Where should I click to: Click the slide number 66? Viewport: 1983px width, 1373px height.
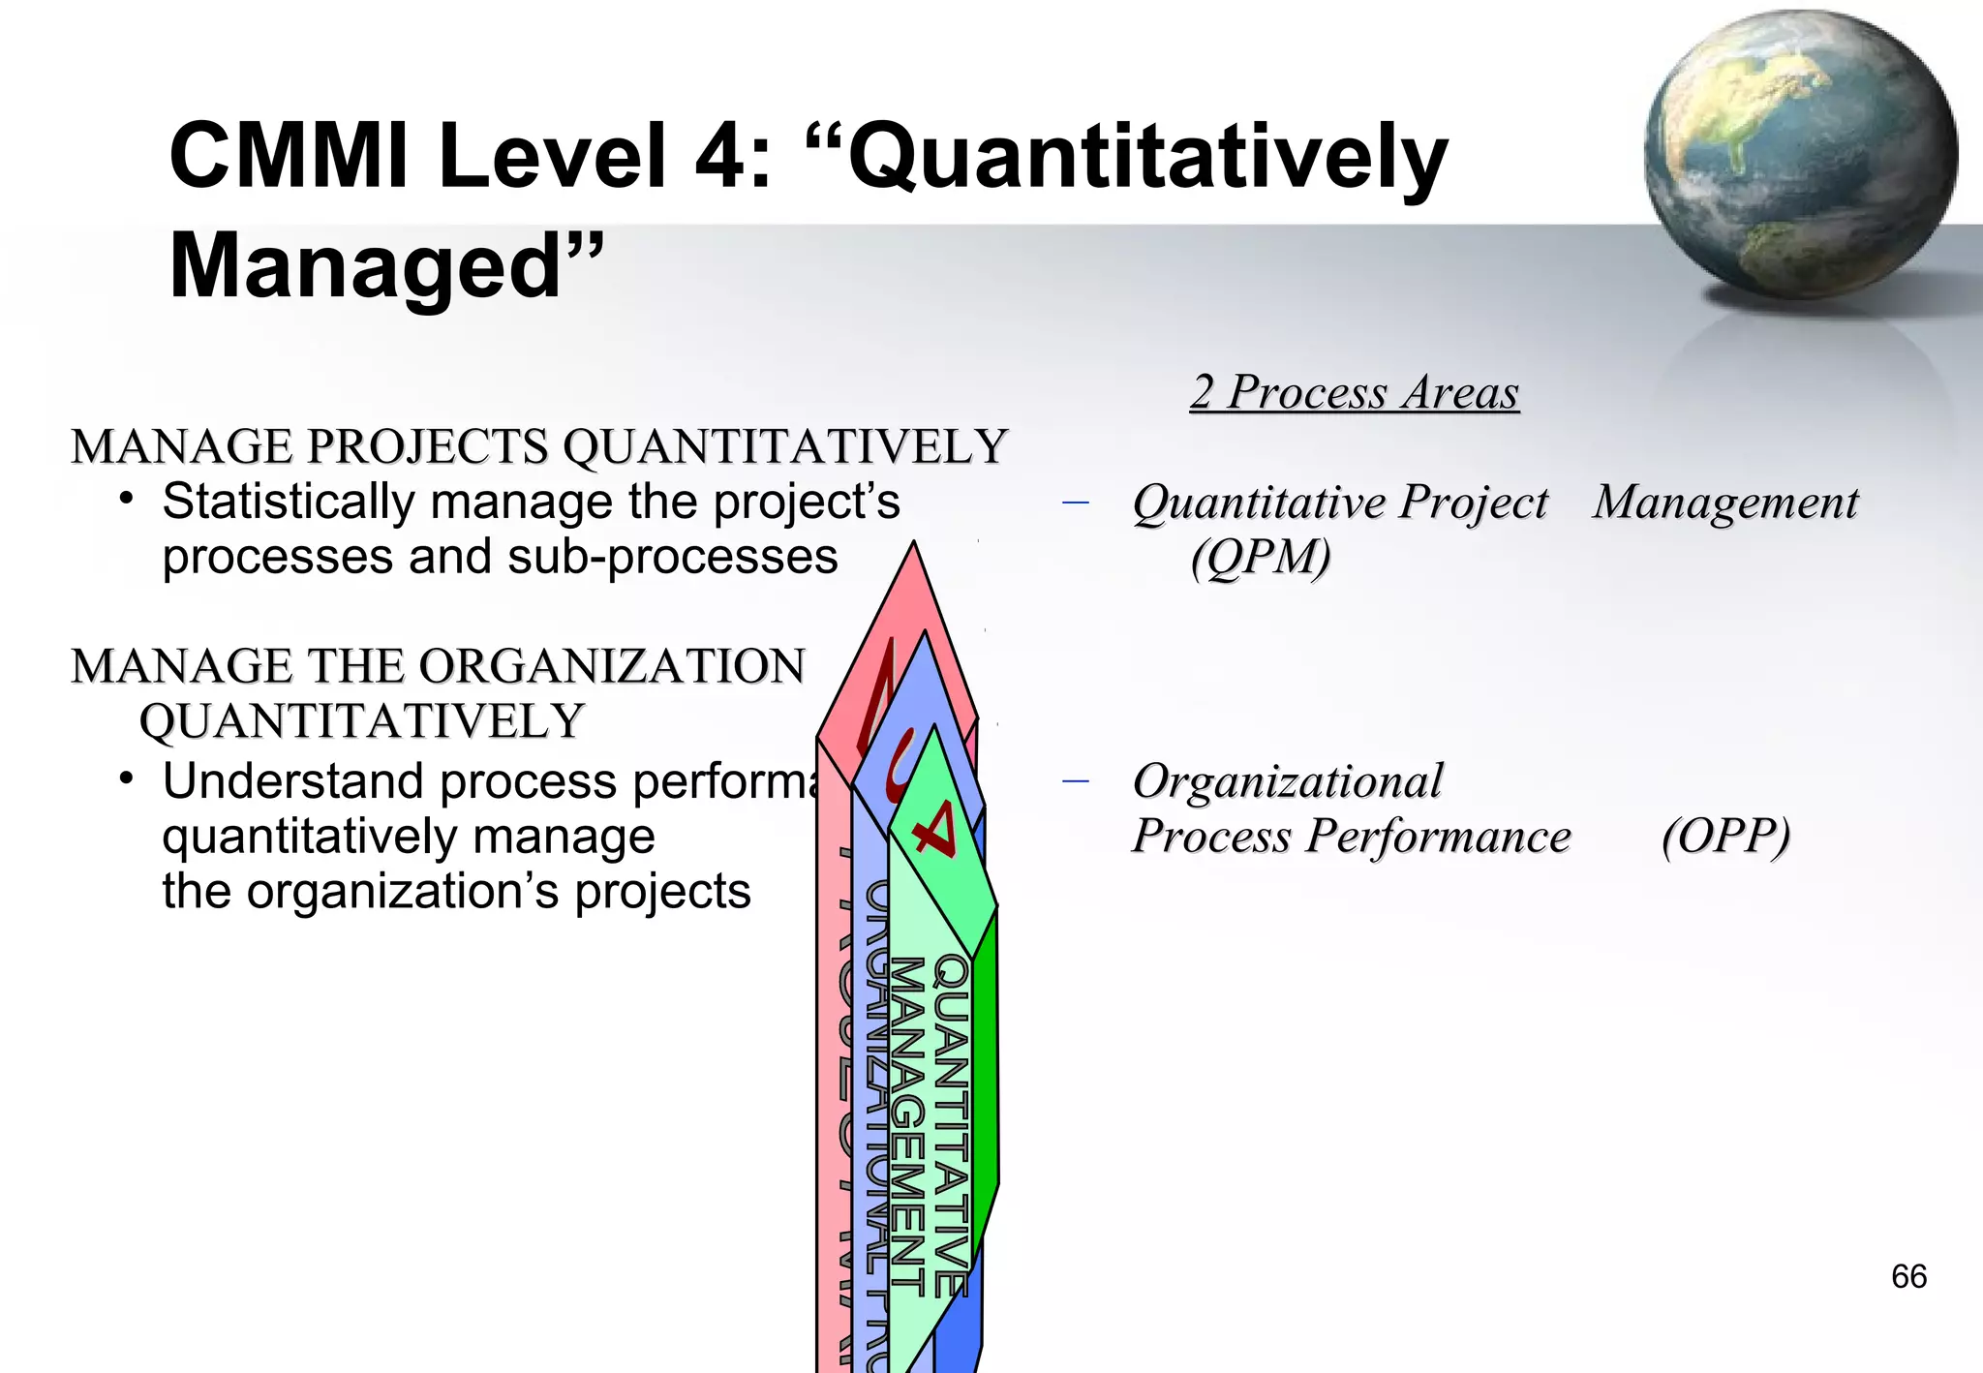(1908, 1276)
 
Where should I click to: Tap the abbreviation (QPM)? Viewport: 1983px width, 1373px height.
(1261, 558)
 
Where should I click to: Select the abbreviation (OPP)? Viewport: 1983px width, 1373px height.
(1725, 836)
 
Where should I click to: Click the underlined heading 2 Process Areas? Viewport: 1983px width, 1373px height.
(1355, 392)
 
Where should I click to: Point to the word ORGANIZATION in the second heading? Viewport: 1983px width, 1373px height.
(612, 666)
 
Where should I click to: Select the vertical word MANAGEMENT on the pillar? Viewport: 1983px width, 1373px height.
(908, 1123)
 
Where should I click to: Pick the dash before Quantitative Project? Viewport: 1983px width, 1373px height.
(1075, 503)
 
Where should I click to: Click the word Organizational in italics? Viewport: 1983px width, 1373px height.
(1288, 780)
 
